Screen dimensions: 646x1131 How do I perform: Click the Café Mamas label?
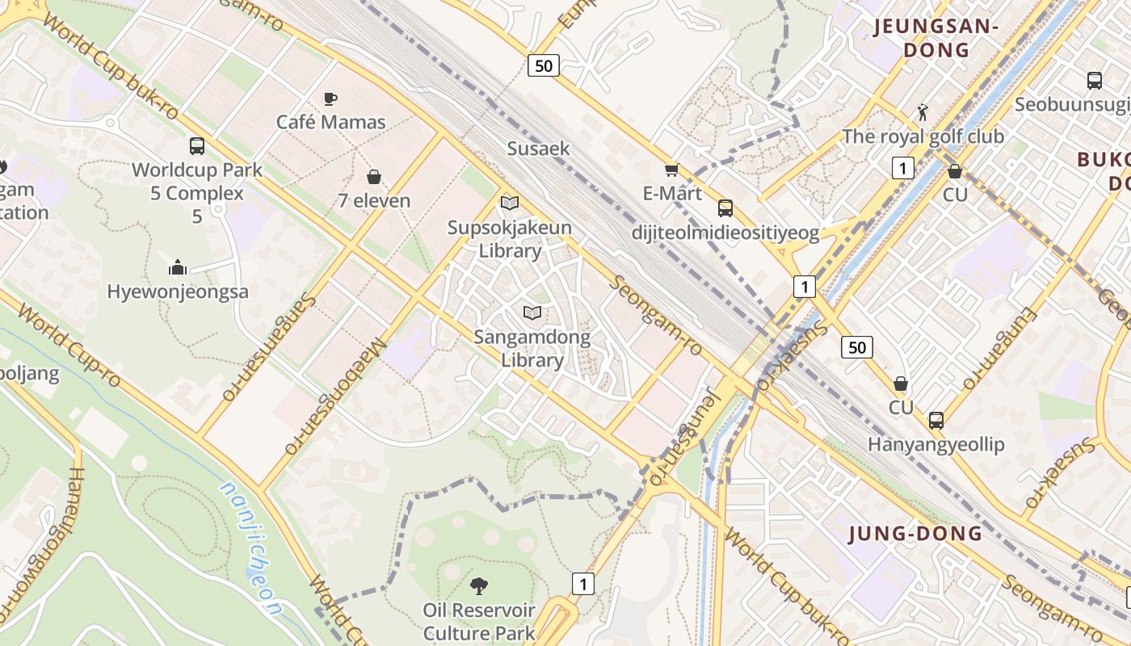pos(331,122)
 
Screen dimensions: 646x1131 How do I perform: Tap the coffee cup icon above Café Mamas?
pos(330,99)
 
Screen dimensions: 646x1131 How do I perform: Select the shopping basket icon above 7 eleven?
pos(374,176)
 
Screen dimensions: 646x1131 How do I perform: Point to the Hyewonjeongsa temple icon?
pos(178,267)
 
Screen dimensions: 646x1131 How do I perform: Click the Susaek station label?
pos(538,149)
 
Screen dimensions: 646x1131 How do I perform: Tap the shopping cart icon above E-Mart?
pos(671,170)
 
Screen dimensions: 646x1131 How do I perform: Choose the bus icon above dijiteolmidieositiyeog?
pos(725,208)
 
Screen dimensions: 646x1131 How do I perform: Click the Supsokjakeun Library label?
pos(510,239)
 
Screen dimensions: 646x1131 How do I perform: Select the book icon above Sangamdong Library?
pos(532,313)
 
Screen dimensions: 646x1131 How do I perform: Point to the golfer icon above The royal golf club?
pos(923,111)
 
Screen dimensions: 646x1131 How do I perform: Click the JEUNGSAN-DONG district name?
pos(936,38)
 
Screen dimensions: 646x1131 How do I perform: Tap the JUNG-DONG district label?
pos(915,533)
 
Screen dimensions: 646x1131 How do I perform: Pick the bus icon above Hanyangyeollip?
pos(935,420)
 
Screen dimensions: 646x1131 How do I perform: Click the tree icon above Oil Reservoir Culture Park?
pos(479,585)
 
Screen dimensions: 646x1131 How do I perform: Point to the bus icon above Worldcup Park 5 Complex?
pos(197,146)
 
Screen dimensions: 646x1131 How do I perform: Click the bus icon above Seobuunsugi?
pos(1095,81)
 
